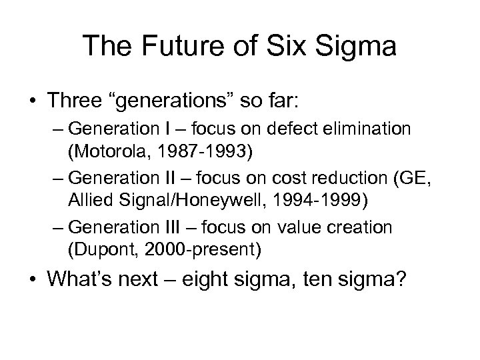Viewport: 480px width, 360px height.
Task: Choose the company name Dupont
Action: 99,250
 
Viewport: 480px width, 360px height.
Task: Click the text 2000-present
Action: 204,250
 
